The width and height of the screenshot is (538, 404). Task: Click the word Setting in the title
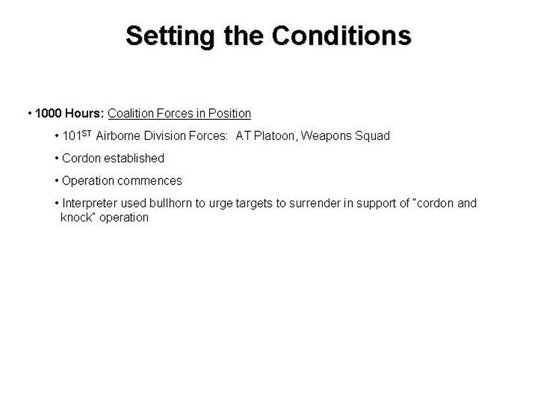click(x=170, y=36)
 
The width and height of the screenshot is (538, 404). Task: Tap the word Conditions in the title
click(x=342, y=36)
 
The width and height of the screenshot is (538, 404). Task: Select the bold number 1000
click(x=48, y=113)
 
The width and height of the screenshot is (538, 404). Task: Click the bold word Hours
click(x=85, y=113)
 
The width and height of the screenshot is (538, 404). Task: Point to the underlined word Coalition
click(x=130, y=113)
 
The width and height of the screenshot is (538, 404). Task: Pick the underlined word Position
click(x=229, y=113)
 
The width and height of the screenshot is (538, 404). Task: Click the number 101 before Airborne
click(x=72, y=136)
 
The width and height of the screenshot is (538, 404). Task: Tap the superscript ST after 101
click(x=87, y=133)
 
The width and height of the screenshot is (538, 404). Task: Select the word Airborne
click(x=118, y=136)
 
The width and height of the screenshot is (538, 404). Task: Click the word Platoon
click(x=274, y=136)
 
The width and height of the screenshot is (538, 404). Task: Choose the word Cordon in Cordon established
click(x=81, y=158)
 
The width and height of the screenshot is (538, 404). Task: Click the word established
click(x=134, y=158)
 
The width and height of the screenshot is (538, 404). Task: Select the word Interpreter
click(x=90, y=203)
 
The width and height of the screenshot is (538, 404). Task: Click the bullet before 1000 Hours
click(x=30, y=113)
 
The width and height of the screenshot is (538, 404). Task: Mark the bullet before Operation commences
click(x=56, y=180)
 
